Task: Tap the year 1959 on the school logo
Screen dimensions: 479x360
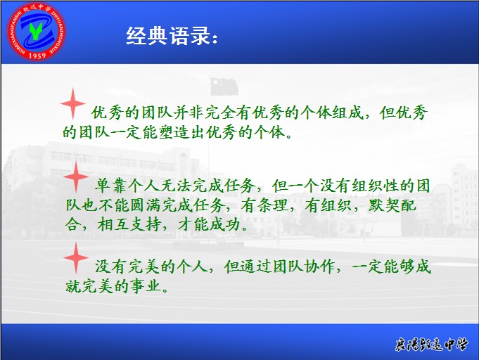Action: pyautogui.click(x=37, y=56)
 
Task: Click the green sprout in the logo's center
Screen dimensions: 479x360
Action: pyautogui.click(x=35, y=31)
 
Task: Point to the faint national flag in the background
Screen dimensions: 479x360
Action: pyautogui.click(x=224, y=86)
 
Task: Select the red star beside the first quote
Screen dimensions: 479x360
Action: pyautogui.click(x=72, y=103)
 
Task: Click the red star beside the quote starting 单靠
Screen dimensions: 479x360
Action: pyautogui.click(x=76, y=176)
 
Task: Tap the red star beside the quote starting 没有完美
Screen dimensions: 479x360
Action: pyautogui.click(x=76, y=258)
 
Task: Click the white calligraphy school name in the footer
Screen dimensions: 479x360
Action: pyautogui.click(x=431, y=345)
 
